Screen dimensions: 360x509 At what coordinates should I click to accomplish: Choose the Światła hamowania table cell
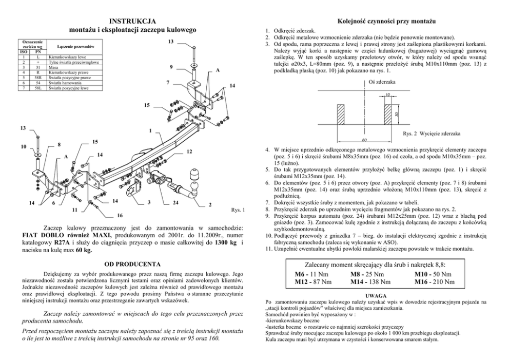[64, 83]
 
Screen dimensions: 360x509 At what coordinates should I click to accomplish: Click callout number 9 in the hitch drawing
[171, 67]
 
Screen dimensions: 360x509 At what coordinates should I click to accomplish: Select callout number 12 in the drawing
[189, 151]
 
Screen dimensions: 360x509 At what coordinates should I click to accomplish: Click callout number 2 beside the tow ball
[210, 205]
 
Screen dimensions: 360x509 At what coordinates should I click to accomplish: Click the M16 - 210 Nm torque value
[434, 281]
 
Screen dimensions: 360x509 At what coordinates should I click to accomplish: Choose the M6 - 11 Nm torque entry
[308, 274]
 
